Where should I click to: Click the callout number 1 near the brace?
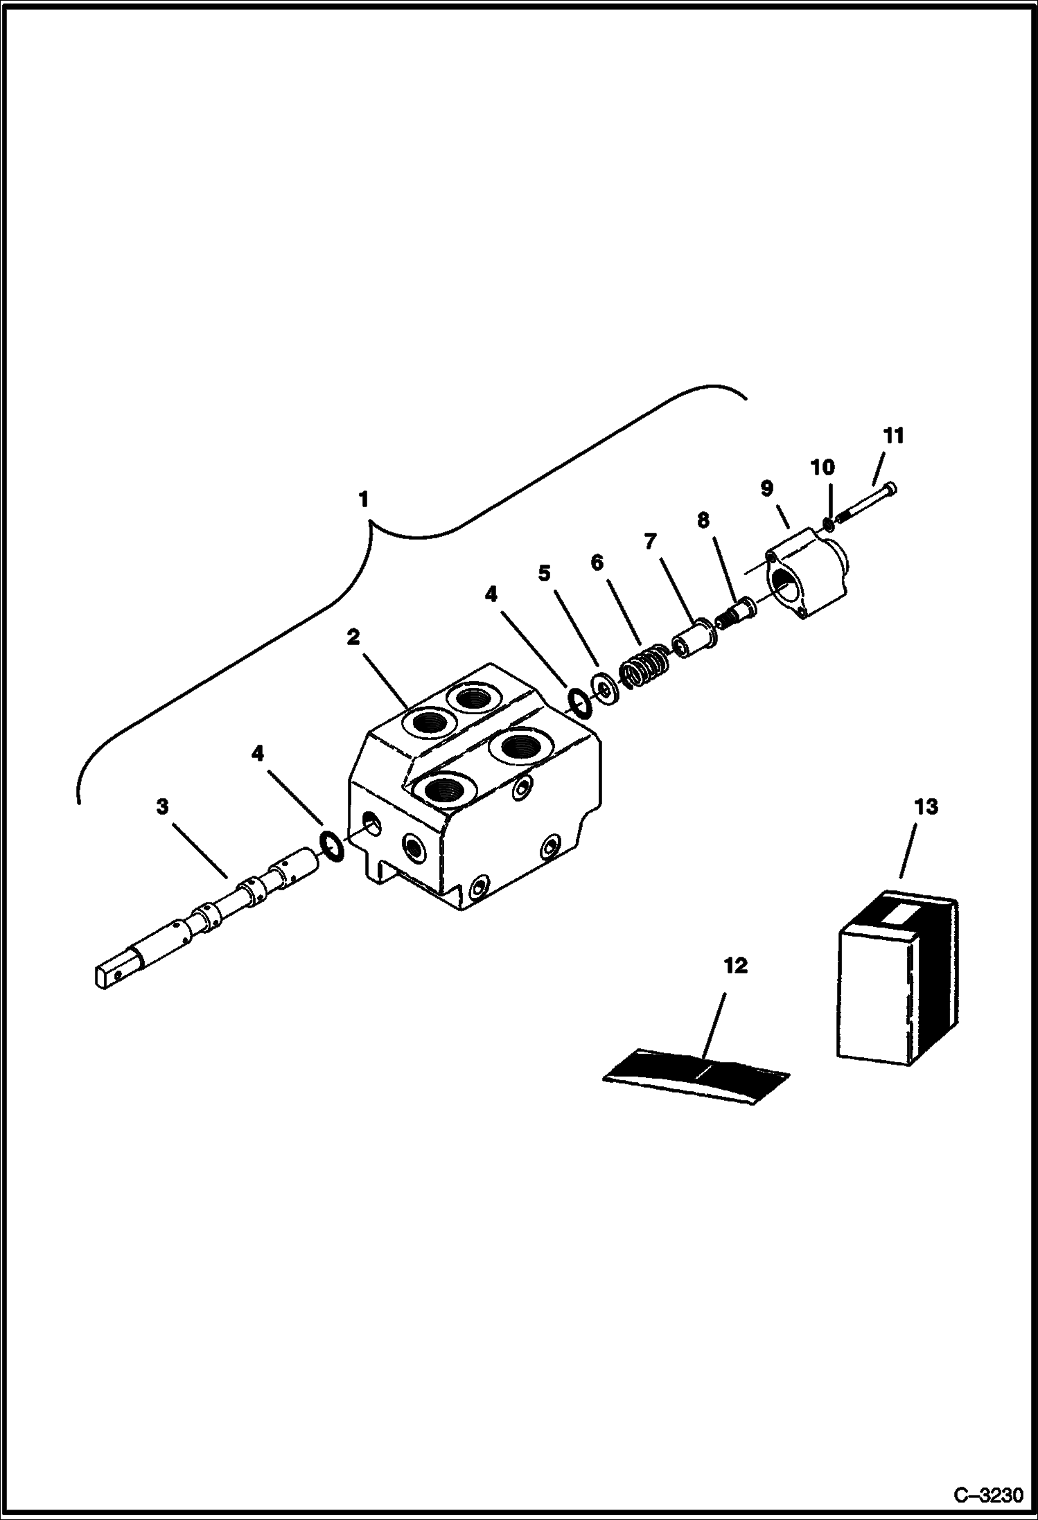coord(363,500)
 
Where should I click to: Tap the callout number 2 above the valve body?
coord(353,637)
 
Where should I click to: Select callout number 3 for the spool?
coord(162,806)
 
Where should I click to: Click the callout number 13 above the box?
coord(926,807)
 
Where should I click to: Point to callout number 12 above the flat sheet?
coord(735,965)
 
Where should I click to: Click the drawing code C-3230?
coord(987,1496)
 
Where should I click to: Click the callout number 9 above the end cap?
coord(766,488)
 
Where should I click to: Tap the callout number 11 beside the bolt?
coord(893,436)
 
